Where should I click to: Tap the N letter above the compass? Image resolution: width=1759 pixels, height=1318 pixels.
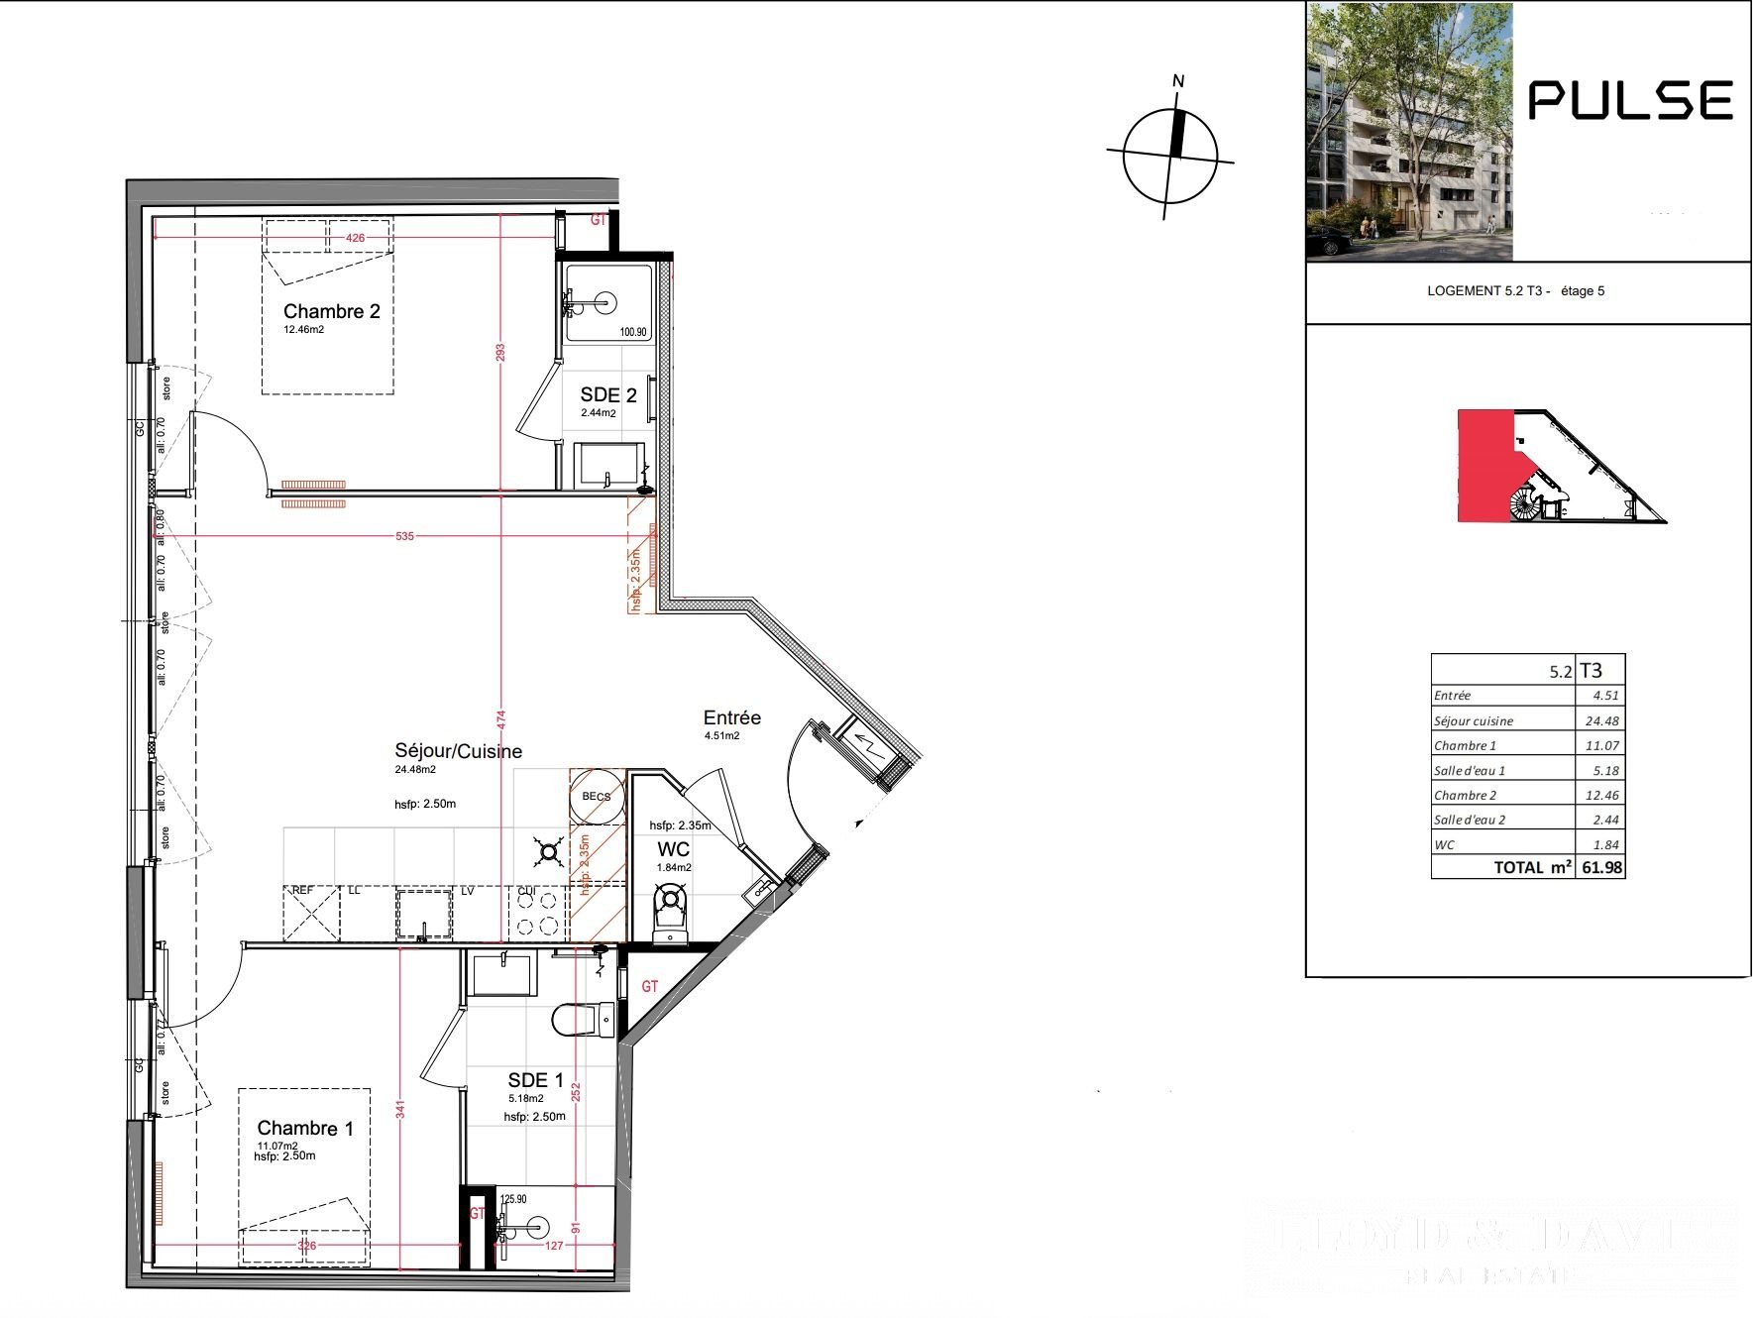1178,81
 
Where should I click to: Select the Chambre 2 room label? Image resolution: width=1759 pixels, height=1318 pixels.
331,311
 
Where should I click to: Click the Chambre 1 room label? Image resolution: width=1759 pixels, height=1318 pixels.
304,1128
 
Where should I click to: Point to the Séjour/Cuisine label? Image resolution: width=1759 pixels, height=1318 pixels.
458,751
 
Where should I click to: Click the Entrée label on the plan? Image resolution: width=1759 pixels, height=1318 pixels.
731,717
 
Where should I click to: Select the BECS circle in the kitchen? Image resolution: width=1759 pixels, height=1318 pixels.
597,797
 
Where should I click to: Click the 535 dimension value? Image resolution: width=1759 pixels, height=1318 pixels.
404,536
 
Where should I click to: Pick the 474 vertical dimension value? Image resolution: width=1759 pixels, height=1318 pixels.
501,716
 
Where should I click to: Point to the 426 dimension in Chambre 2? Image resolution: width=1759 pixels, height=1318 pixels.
355,238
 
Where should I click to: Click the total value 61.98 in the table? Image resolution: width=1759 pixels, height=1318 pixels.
1601,867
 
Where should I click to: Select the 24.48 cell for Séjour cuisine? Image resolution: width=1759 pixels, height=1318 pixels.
1601,720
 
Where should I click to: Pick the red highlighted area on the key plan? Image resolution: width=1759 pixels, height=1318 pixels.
1484,466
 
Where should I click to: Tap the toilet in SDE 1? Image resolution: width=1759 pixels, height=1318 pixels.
585,1019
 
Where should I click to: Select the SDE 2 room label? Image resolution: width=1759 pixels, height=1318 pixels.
607,394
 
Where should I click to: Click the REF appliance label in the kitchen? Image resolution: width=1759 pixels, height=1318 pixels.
302,891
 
